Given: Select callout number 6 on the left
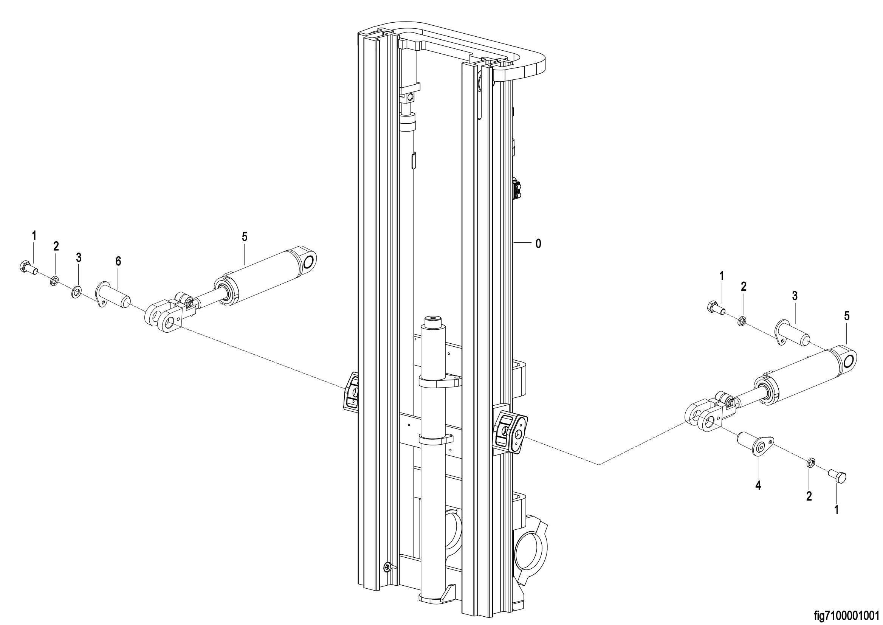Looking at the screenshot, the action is tap(118, 261).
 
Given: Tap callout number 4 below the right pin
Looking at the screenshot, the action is tap(758, 486).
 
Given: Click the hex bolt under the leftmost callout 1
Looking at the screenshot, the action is tap(28, 267).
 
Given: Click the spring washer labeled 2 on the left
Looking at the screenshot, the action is tap(55, 281).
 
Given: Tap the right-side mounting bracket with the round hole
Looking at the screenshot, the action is tap(511, 432).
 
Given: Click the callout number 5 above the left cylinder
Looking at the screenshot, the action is tap(245, 237).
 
